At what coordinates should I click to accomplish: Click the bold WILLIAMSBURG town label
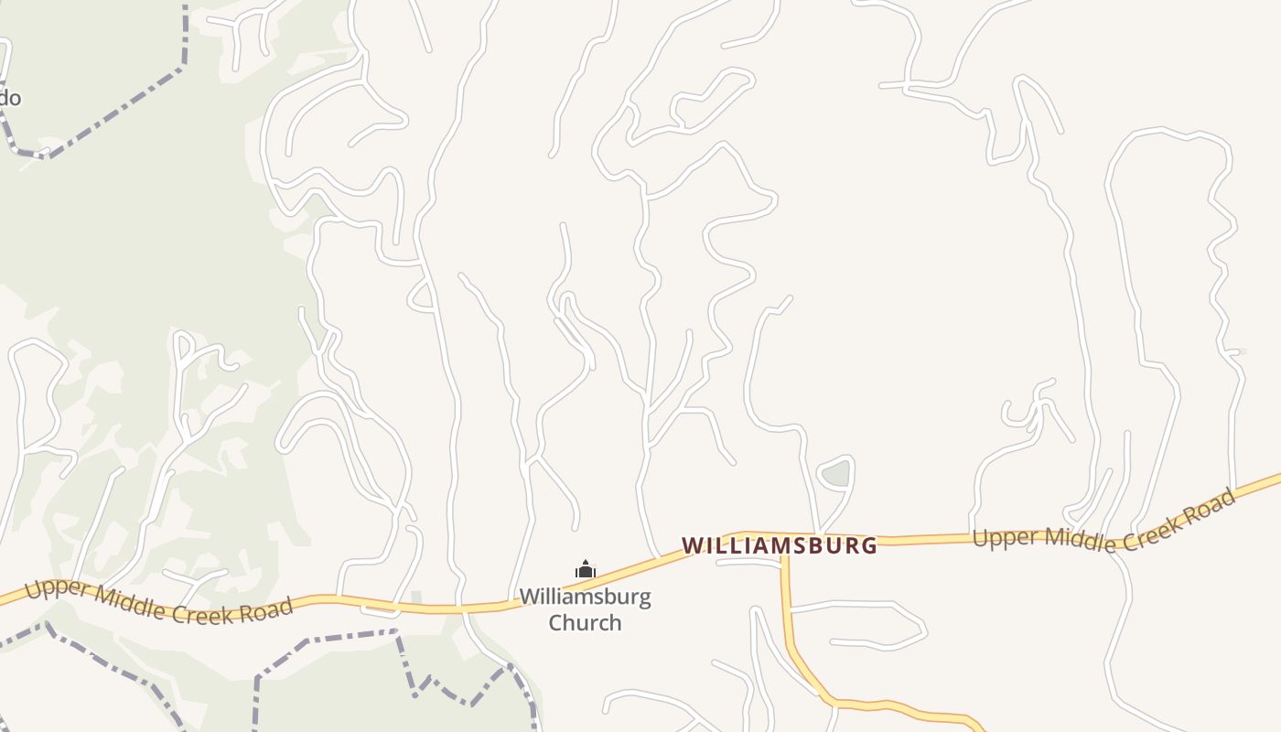780,545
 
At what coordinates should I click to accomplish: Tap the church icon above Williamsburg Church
586,570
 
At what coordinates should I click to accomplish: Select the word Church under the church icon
585,623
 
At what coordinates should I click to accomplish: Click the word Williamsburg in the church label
585,597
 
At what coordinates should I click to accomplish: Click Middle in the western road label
113,601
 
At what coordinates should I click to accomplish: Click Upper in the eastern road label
997,537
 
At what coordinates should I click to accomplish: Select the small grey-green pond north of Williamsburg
836,474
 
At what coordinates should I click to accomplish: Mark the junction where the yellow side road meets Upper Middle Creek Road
783,553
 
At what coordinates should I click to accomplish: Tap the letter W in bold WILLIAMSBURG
693,545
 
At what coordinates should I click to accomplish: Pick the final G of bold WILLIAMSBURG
868,546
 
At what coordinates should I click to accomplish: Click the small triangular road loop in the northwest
422,296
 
